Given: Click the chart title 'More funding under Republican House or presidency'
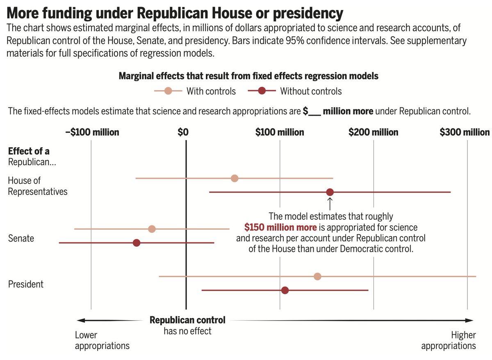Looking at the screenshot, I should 175,14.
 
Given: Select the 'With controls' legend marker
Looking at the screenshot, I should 168,91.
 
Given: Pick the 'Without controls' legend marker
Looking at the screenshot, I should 262,91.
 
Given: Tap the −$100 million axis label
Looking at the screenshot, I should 92,132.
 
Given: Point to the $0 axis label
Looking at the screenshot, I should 183,132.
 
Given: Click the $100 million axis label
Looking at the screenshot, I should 280,132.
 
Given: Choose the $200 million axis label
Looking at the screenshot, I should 373,132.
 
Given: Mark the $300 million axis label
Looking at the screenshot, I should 465,132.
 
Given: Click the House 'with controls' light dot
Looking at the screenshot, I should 235,178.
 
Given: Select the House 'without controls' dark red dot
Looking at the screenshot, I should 330,192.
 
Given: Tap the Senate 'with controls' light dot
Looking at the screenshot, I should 152,229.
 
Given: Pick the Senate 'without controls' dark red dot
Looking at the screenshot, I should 137,243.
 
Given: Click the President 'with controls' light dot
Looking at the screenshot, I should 317,276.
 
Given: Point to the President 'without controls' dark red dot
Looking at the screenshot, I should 285,290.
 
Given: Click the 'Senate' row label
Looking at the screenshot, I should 21,238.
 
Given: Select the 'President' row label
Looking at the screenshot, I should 26,284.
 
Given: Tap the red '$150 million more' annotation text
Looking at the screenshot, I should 280,227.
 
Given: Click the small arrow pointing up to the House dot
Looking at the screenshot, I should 330,203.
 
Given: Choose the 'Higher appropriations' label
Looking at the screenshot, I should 449,340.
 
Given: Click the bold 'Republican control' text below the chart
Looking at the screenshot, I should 187,320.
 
